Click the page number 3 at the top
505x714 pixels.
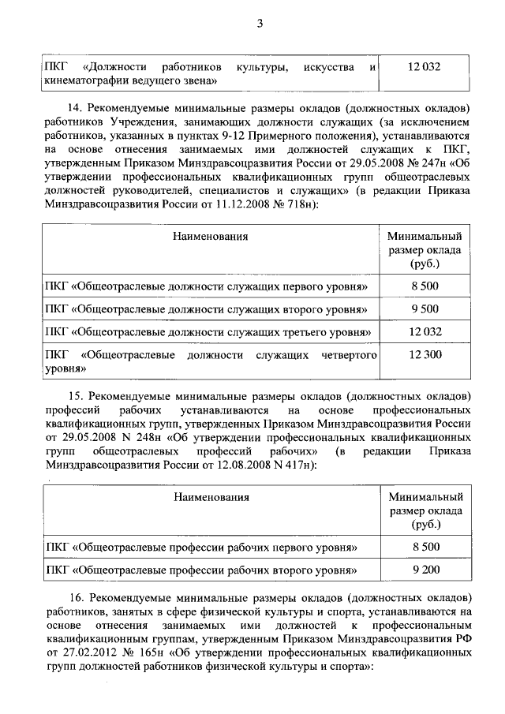(x=259, y=23)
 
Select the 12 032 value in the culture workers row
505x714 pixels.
(x=424, y=68)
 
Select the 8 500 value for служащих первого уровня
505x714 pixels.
(x=425, y=285)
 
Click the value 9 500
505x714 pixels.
(x=425, y=308)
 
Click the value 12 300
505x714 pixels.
(x=425, y=356)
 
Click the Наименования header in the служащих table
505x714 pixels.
(x=211, y=236)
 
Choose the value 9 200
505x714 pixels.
(x=425, y=570)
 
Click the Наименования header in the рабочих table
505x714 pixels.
(x=211, y=497)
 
